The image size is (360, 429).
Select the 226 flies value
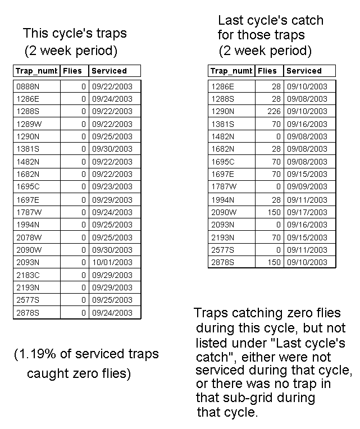coord(274,111)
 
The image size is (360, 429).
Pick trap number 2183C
coord(28,275)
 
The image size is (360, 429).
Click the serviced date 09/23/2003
coord(112,187)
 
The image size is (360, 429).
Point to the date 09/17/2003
coord(307,212)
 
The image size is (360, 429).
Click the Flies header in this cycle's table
coord(72,71)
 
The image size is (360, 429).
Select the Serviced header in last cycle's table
coord(304,71)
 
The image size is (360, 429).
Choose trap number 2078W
coord(28,238)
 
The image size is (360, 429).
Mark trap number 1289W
coord(28,124)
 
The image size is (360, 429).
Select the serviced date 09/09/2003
coord(307,187)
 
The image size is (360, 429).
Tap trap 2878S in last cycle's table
coord(222,262)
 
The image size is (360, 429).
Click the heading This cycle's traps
coord(75,33)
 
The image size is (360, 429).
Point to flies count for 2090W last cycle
coord(274,212)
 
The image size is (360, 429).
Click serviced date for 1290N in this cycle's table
coord(112,136)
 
